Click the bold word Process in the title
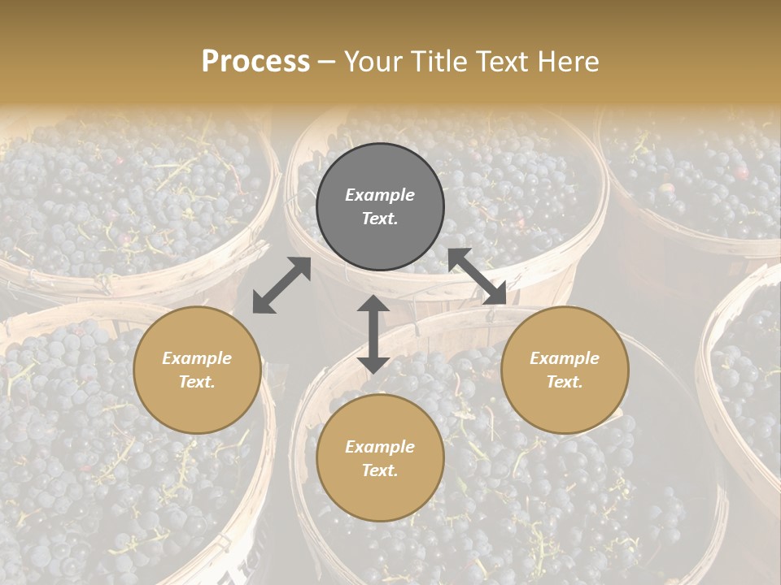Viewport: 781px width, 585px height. (255, 62)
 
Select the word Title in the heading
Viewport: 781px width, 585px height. (440, 62)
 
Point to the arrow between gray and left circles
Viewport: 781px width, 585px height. (281, 285)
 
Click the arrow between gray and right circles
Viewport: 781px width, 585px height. (478, 276)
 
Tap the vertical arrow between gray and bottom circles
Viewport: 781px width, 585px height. (373, 334)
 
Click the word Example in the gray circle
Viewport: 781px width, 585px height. (380, 195)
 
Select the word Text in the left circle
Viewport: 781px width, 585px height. (197, 382)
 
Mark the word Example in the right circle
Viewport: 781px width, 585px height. (565, 358)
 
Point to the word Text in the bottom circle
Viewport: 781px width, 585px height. (380, 470)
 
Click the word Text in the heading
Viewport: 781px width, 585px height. (504, 62)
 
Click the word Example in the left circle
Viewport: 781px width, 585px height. (197, 358)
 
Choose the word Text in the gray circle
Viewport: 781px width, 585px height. (380, 219)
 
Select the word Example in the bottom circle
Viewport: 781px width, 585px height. (380, 447)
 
